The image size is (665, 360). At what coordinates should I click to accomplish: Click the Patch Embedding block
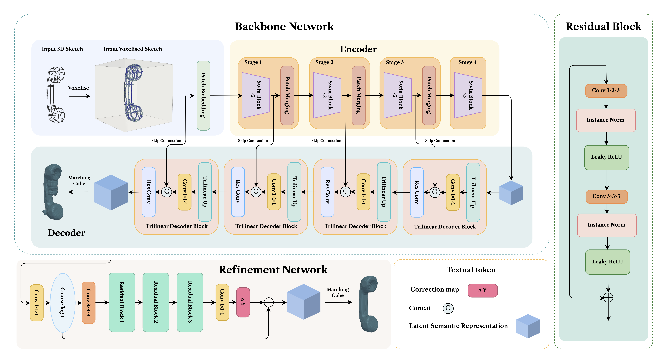pos(203,95)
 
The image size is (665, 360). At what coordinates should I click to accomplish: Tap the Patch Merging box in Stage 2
pos(359,95)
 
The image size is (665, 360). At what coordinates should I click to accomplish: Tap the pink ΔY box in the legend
pos(482,290)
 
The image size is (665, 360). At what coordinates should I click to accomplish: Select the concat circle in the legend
pos(448,308)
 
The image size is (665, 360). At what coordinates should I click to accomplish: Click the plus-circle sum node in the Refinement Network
pos(268,302)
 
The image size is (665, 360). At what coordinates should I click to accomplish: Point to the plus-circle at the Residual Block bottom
pos(608,298)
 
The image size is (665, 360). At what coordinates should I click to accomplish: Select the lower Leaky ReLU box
pos(607,262)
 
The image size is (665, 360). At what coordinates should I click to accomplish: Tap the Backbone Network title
pos(285,26)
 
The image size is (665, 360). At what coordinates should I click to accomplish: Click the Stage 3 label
pos(395,62)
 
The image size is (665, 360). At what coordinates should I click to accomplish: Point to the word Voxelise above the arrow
pos(78,88)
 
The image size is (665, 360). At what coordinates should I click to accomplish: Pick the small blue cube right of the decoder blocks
pos(511,193)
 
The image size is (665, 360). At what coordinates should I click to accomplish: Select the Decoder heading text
pos(66,233)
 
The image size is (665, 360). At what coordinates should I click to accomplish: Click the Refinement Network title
pos(273,270)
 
